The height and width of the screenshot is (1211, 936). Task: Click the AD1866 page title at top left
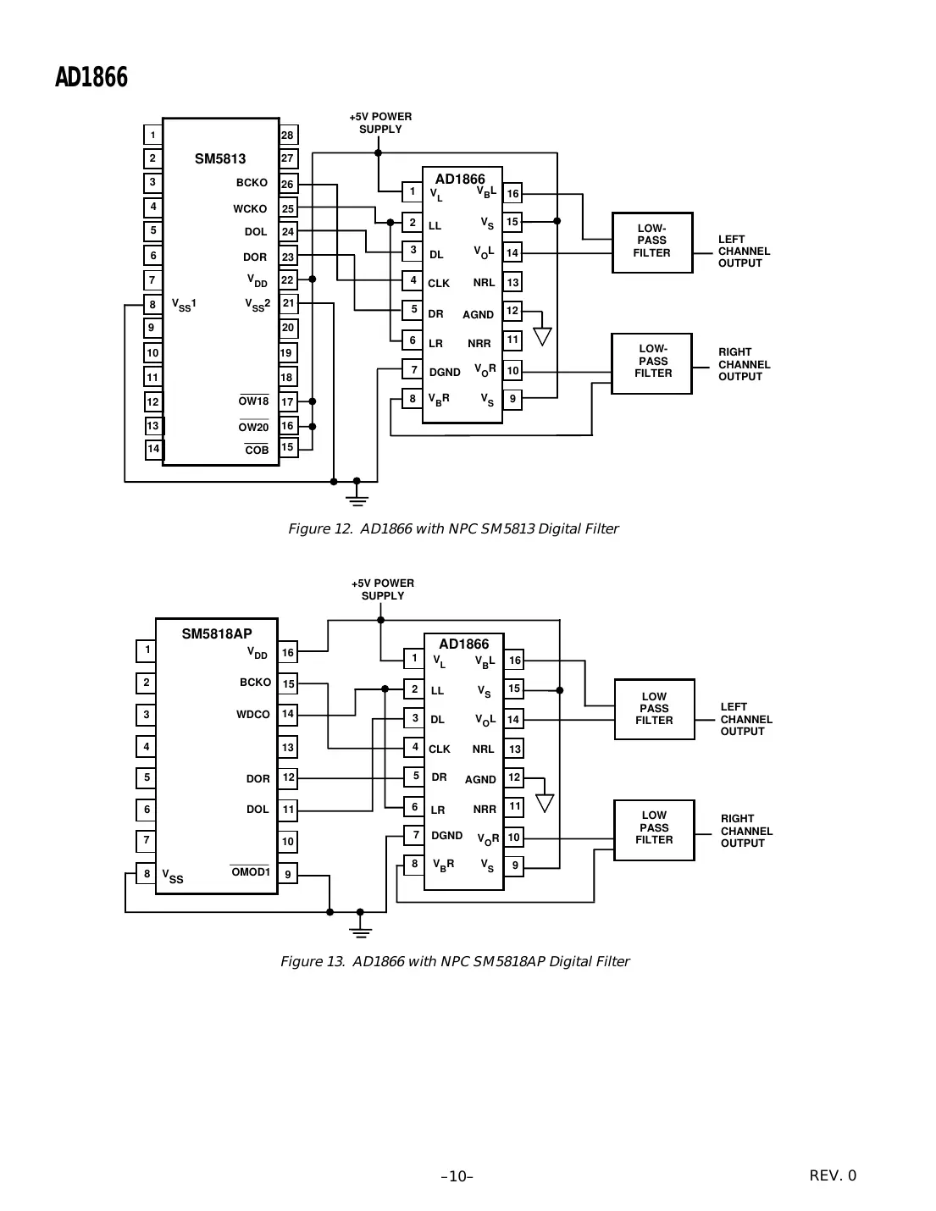point(91,78)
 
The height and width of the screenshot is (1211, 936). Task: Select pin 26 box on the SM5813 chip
point(288,184)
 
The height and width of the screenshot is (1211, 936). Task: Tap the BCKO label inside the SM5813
point(252,183)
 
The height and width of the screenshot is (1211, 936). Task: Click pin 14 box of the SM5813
point(153,449)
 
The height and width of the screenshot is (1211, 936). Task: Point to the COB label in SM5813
point(257,451)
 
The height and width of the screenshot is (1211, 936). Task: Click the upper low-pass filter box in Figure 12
point(651,242)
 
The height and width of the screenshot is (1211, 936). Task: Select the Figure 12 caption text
point(453,529)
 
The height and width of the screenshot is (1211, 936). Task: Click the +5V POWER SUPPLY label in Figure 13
point(383,589)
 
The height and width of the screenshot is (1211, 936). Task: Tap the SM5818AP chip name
point(217,634)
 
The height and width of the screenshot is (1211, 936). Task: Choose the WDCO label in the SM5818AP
point(252,715)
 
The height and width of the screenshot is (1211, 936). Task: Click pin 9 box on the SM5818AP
point(288,874)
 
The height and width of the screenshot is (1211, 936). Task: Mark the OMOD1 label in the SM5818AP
point(250,872)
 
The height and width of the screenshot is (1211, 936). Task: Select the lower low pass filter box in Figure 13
point(654,829)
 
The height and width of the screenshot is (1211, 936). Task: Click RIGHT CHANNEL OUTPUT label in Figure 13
point(746,831)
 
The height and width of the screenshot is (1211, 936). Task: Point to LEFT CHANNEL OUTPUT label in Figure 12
point(744,252)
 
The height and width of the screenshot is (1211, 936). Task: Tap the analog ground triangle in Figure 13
point(546,802)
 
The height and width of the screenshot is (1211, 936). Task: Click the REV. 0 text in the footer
point(833,1175)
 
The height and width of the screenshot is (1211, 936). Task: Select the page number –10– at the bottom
point(457,1176)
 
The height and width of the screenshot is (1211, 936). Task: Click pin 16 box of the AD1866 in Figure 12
point(512,194)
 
